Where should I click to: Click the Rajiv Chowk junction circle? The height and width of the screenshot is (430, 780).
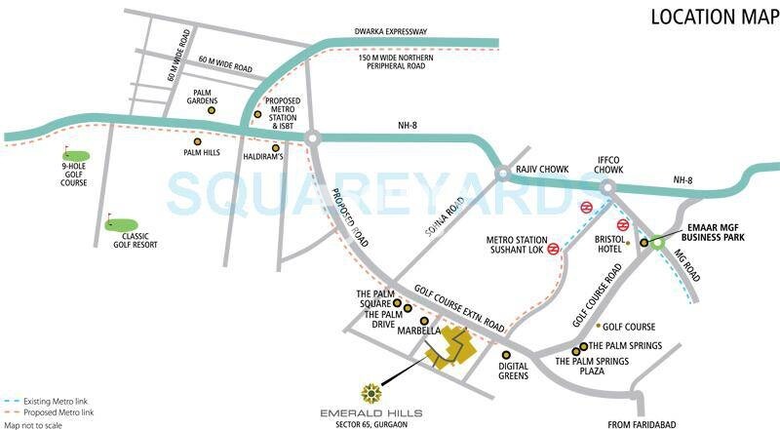pos(502,173)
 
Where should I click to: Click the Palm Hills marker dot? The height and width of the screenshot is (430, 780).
pos(211,139)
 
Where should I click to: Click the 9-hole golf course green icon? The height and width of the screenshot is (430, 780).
pos(76,155)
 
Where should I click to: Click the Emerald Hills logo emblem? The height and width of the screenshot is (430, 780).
pos(370,393)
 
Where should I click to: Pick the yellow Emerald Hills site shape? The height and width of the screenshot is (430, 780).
pos(451,348)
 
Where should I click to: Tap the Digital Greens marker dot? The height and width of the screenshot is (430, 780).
pos(506,355)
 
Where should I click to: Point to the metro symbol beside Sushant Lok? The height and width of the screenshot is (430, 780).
pos(553,249)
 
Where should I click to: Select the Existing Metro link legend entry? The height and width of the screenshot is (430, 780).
pos(46,402)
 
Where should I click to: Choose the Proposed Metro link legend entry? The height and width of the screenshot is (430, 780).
pos(48,412)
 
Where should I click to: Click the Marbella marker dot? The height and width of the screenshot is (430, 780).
pos(423,321)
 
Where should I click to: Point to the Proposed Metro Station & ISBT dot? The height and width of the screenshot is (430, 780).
pos(257,114)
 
